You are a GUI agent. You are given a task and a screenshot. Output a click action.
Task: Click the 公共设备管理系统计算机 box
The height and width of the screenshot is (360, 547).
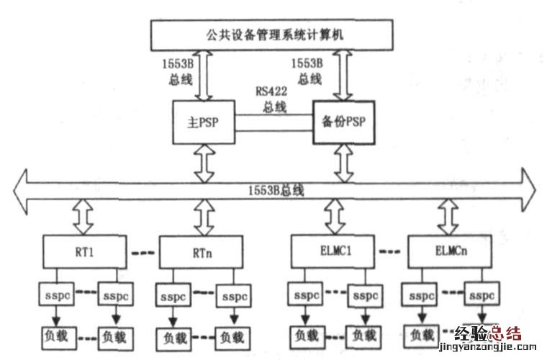pyautogui.click(x=272, y=35)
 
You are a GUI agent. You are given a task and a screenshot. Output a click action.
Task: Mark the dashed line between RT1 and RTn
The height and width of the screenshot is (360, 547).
pyautogui.click(x=143, y=253)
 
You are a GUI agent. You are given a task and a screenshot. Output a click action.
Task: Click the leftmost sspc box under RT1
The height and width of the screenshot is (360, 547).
pyautogui.click(x=57, y=296)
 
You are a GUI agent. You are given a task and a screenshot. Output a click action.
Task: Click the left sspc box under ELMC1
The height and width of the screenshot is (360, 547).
pyautogui.click(x=306, y=296)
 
